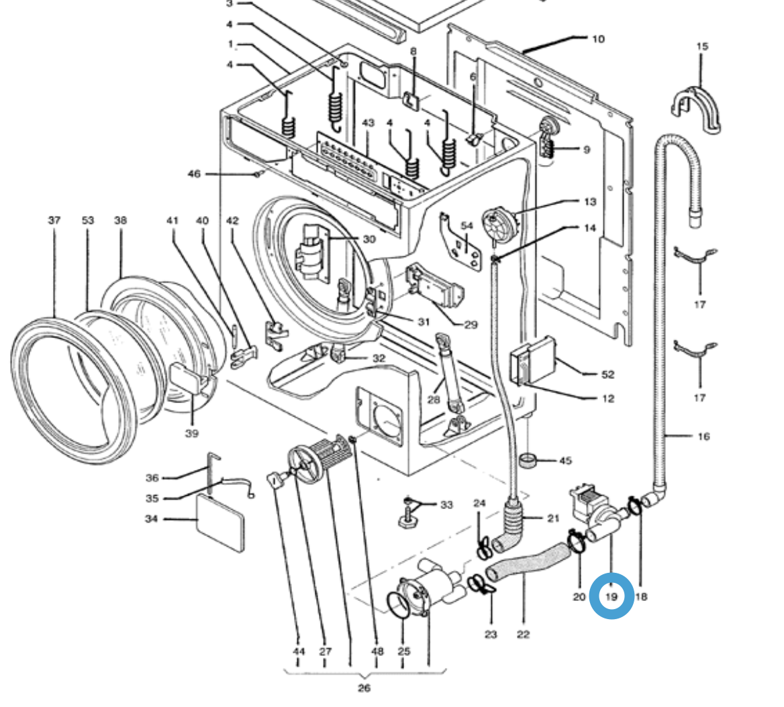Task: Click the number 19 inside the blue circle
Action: pos(611,596)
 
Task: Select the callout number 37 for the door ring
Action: pos(54,220)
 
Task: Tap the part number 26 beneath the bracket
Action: pos(363,688)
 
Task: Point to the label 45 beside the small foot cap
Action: pos(565,461)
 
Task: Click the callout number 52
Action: pos(608,374)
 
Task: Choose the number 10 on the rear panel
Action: pos(597,39)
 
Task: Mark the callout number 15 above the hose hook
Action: pos(701,46)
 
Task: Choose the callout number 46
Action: pos(193,174)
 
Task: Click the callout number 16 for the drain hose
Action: pos(703,437)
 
